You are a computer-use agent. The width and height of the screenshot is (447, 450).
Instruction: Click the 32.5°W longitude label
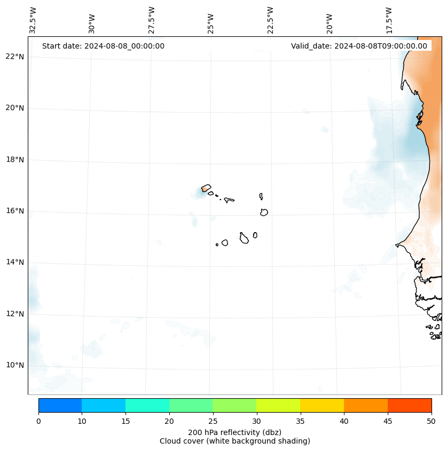tap(33, 20)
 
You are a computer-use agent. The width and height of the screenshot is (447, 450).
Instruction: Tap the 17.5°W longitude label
tap(389, 20)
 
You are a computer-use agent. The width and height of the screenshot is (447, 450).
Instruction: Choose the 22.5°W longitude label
tap(270, 20)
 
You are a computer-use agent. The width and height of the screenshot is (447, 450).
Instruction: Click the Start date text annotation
tap(103, 46)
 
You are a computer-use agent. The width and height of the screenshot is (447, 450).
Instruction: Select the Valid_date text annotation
tap(359, 46)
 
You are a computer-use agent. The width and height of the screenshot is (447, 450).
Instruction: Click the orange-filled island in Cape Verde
tap(206, 188)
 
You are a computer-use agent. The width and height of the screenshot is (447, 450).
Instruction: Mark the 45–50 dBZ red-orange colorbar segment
tap(410, 405)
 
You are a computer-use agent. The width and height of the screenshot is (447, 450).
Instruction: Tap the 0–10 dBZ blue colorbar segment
tap(60, 405)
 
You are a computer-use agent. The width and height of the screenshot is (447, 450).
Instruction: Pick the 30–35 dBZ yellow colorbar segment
tap(278, 405)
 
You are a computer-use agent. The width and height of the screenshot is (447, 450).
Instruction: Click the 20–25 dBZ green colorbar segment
tap(191, 405)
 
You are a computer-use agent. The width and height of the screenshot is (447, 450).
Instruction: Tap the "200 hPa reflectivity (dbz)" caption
tap(234, 432)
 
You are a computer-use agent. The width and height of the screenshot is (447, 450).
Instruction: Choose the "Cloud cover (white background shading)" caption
tap(234, 441)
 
